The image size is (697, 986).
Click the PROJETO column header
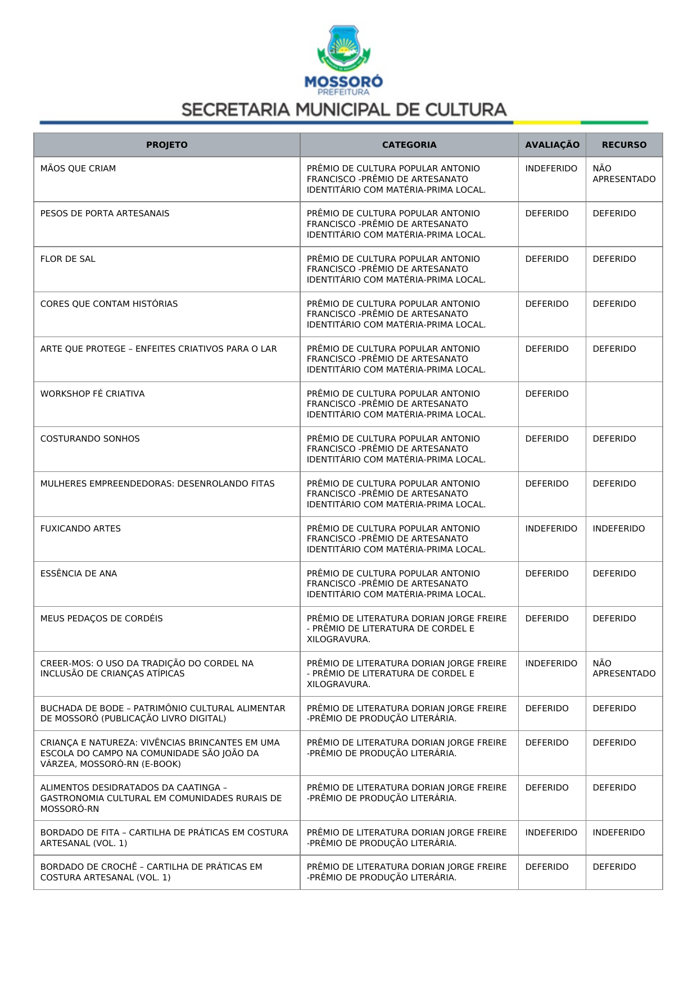[x=166, y=145]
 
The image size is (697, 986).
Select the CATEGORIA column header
[x=409, y=145]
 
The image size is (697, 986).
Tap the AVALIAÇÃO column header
[x=552, y=145]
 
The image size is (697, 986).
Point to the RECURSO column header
[x=624, y=145]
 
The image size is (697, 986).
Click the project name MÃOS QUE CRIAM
[x=78, y=169]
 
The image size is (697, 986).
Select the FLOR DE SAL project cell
[x=68, y=259]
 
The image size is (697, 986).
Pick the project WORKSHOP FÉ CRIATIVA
[x=93, y=394]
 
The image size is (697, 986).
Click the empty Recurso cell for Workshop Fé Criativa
[x=624, y=404]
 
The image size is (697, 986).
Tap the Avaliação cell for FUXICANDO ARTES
[x=551, y=529]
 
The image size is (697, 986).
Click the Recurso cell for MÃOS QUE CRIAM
[x=624, y=174]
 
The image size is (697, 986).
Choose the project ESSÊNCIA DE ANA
[x=79, y=574]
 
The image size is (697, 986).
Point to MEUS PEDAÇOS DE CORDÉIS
[x=102, y=619]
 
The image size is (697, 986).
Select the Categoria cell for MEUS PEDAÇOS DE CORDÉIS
[x=406, y=629]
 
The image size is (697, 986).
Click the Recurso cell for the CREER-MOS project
[x=624, y=669]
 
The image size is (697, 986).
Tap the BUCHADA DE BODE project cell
[x=162, y=714]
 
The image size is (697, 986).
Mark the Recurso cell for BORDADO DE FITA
[x=618, y=833]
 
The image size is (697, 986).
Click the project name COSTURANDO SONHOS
[x=90, y=439]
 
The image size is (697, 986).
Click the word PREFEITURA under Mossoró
[x=343, y=92]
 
